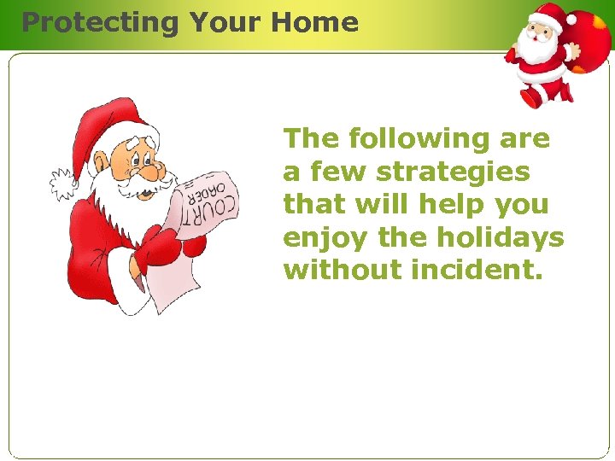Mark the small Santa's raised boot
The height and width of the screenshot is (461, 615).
pos(531,96)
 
